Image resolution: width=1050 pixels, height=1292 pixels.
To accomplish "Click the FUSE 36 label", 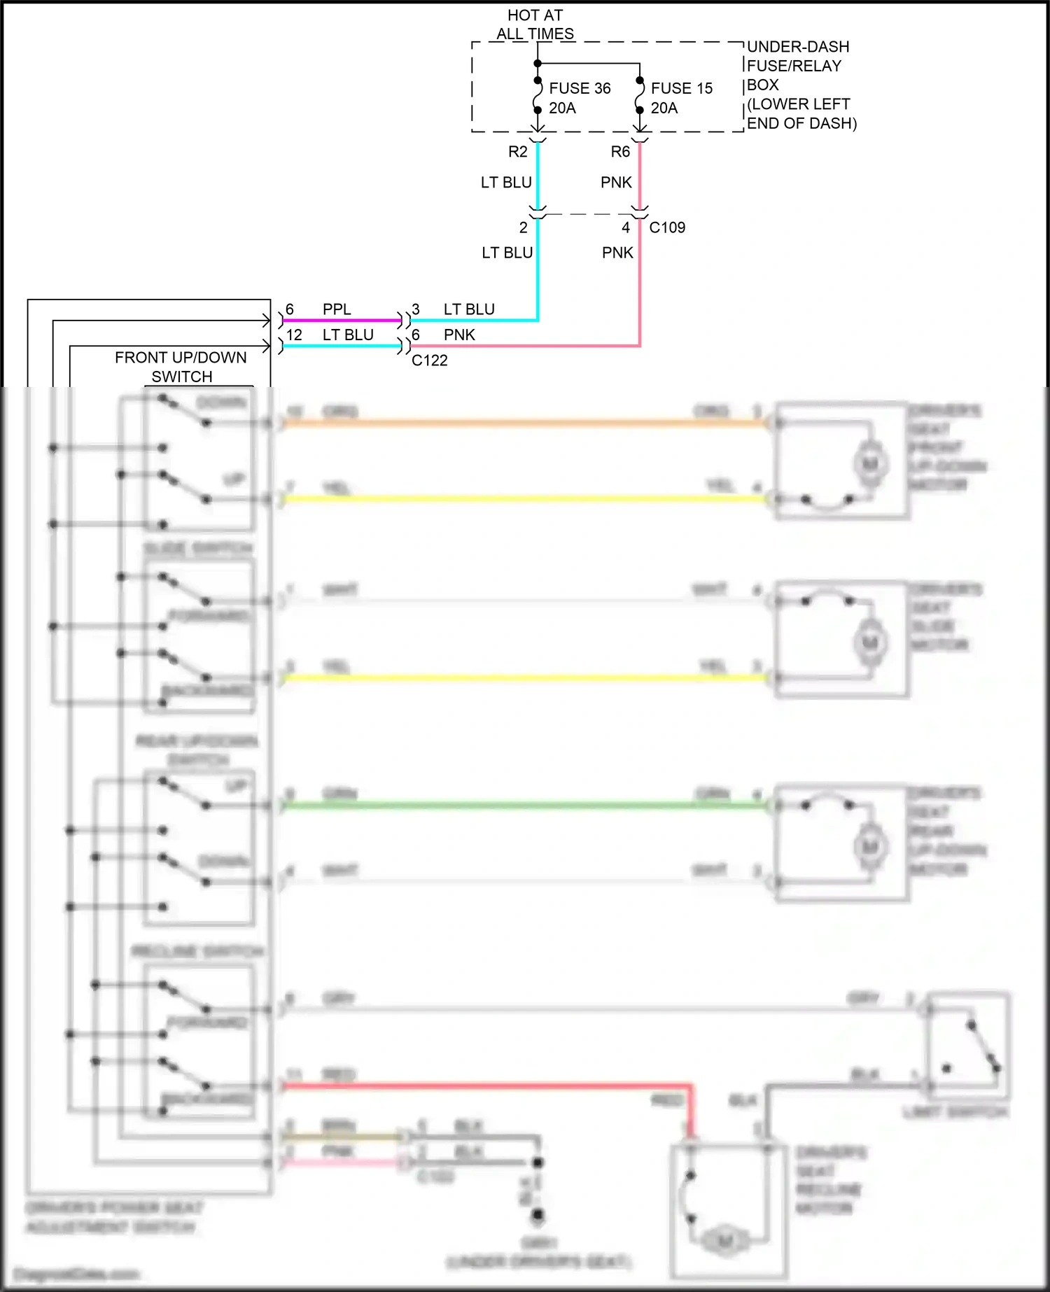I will point(580,88).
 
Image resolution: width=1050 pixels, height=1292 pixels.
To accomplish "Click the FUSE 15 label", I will point(681,88).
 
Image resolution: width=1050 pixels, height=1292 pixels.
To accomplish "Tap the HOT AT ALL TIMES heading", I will point(535,24).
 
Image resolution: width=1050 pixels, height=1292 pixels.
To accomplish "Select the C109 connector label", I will point(667,227).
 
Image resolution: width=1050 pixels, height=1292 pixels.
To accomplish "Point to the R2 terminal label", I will point(517,152).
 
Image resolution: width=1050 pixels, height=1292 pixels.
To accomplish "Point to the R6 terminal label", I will point(620,152).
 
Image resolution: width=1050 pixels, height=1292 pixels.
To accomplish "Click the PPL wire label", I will point(337,309).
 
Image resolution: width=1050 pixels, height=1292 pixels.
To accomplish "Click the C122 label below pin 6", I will point(429,360).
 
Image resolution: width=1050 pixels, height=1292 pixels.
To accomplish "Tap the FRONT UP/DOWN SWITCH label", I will point(181,367).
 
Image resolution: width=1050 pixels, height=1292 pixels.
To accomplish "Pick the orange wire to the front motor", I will point(525,423).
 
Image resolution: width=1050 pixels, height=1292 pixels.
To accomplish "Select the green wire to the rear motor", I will point(525,806).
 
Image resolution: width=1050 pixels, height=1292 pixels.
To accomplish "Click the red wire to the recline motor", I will point(490,1086).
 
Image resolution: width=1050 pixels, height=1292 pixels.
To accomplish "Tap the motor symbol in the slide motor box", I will point(870,643).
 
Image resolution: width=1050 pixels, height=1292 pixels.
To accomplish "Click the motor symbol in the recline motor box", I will point(725,1242).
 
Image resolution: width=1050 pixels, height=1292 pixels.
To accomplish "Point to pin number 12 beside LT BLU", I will point(294,335).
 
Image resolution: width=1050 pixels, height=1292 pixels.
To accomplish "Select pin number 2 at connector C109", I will point(523,227).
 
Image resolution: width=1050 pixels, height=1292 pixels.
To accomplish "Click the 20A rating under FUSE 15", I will point(664,108).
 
